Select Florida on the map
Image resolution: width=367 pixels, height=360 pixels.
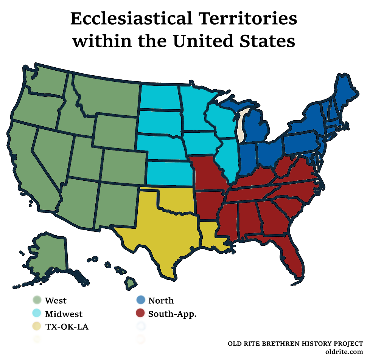[291, 257]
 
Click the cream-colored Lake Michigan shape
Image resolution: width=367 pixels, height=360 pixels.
[242, 125]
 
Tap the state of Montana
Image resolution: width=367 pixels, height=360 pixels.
[106, 95]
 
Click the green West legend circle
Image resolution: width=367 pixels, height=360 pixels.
[37, 301]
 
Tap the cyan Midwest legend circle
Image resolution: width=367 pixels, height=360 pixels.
[37, 314]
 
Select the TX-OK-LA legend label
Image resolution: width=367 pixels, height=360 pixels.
[67, 327]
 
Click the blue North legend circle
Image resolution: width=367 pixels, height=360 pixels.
[140, 301]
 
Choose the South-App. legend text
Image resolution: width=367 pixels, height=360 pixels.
[172, 314]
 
